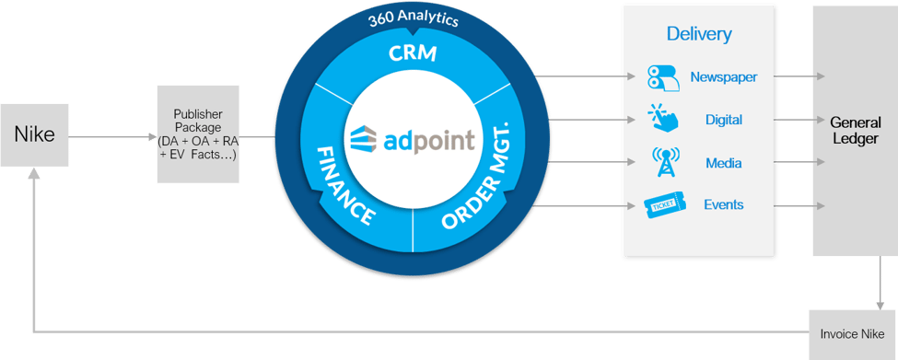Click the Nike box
(x=34, y=134)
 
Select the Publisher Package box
(x=198, y=134)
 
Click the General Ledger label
(x=855, y=130)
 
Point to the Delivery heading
(x=699, y=35)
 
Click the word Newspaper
(x=723, y=77)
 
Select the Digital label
(x=723, y=120)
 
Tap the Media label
(x=723, y=163)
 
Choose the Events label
(x=723, y=204)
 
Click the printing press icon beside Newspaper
(x=663, y=76)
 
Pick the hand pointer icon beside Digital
(x=662, y=119)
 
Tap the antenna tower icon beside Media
(x=663, y=162)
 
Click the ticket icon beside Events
(x=663, y=205)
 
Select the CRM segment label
(x=413, y=53)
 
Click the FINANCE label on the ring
(x=344, y=184)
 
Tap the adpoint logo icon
(x=367, y=141)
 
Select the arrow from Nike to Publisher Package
(x=111, y=136)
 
